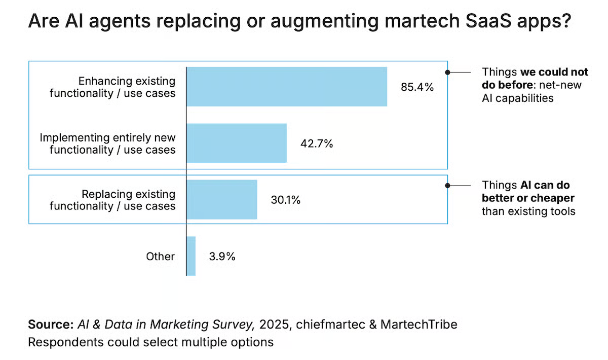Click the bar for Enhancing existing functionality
[287, 87]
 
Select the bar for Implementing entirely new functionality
[237, 143]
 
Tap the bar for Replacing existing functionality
[222, 199]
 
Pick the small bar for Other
[191, 256]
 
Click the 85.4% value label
[417, 87]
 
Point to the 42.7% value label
[316, 143]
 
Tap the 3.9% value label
[222, 256]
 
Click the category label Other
[160, 256]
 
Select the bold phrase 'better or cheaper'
[528, 198]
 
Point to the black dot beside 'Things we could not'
[447, 73]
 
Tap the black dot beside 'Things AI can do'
[447, 186]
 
